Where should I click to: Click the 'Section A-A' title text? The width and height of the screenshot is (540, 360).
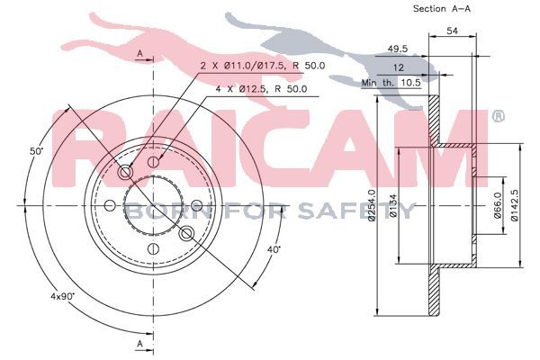point(442,9)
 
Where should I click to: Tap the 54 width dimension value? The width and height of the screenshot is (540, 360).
point(452,31)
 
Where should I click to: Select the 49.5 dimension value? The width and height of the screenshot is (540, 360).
point(398,49)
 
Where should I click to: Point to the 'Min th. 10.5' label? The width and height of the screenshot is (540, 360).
point(391,83)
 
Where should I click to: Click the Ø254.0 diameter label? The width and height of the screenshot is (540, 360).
point(371,205)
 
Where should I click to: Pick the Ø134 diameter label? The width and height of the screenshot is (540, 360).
point(393,206)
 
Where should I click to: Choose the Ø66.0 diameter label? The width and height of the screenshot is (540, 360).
point(498,205)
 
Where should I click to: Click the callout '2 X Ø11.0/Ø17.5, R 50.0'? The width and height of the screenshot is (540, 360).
point(263,66)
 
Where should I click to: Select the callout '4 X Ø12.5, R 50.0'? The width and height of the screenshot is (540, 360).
point(261,89)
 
